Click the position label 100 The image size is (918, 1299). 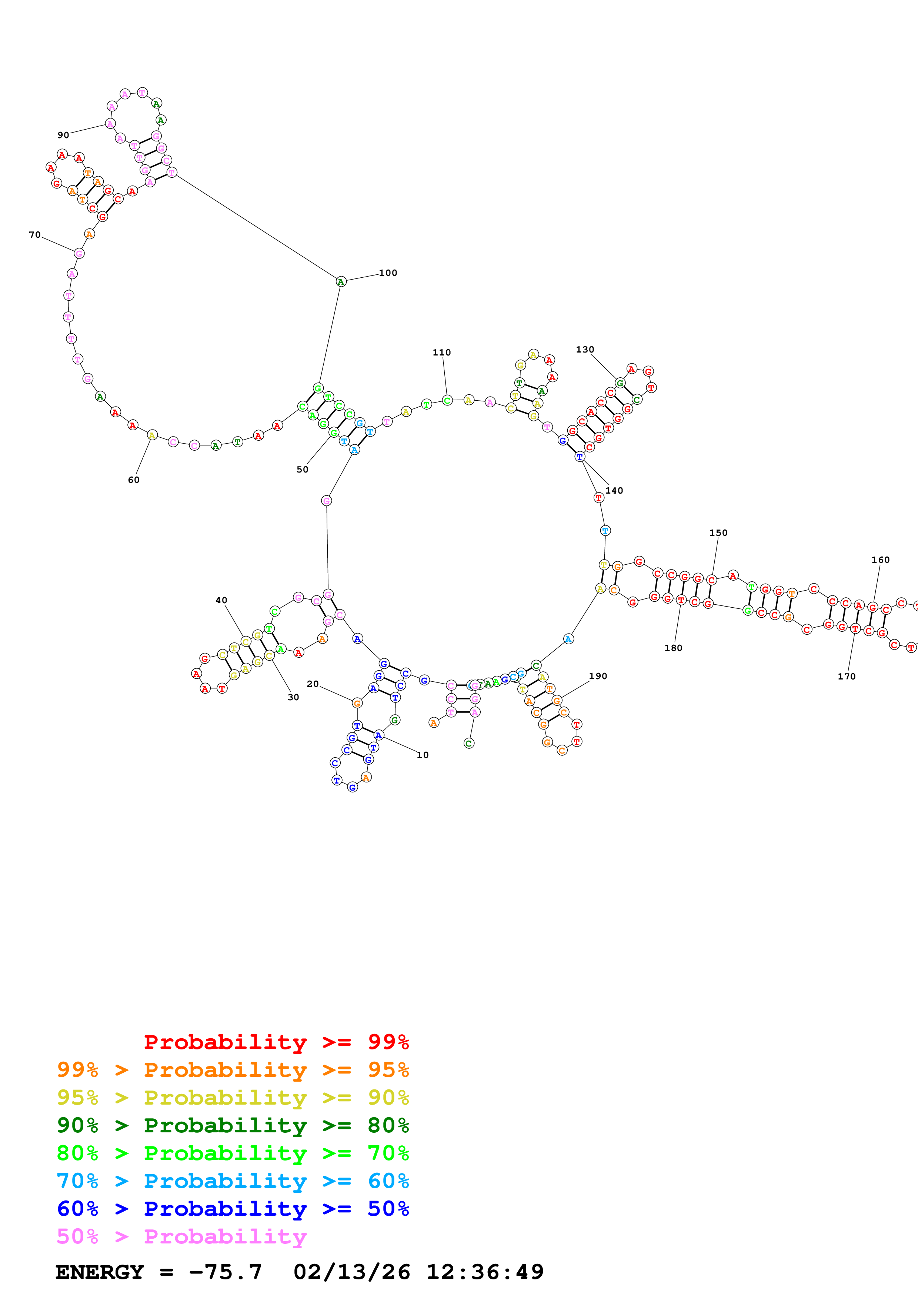[x=388, y=273]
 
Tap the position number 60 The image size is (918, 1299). [x=133, y=480]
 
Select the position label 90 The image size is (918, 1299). [x=63, y=135]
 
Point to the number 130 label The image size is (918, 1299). [x=585, y=350]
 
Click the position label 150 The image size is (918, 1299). [x=718, y=533]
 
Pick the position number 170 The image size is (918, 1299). [x=847, y=676]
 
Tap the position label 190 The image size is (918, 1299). [x=598, y=676]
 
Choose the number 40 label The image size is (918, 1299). [x=221, y=600]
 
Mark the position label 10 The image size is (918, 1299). [x=423, y=755]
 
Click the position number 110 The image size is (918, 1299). [x=442, y=353]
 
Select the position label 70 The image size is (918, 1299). [x=34, y=235]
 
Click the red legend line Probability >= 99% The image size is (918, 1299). [x=276, y=1042]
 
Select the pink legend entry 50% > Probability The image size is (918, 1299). [x=181, y=1236]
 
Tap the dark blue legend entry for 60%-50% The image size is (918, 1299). [x=233, y=1209]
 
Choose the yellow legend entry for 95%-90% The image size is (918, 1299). [x=233, y=1098]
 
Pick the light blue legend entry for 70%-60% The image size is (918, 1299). [x=233, y=1181]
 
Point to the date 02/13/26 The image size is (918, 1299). [x=351, y=1272]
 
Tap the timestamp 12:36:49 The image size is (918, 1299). [x=485, y=1272]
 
